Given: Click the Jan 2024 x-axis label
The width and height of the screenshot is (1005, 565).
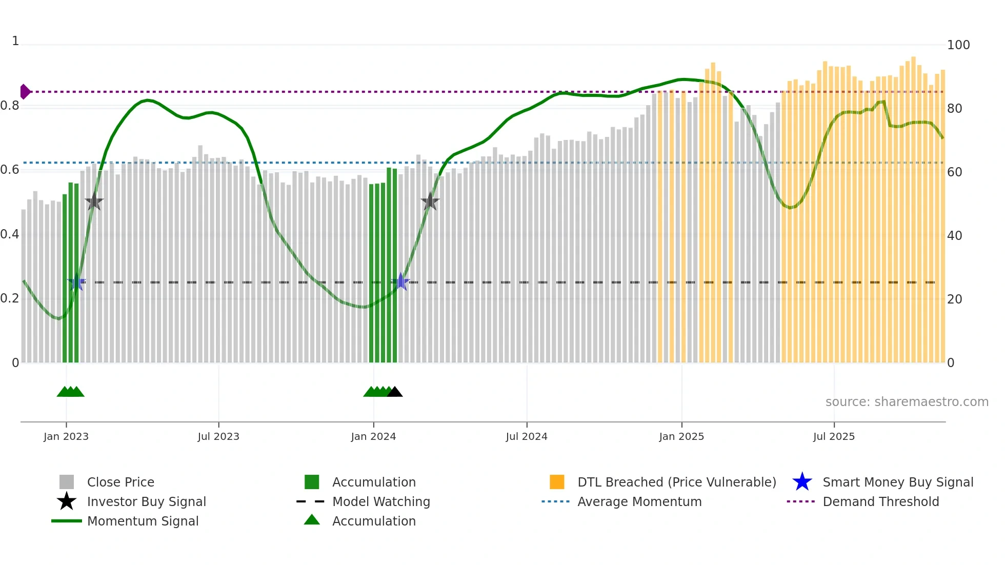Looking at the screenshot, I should point(373,436).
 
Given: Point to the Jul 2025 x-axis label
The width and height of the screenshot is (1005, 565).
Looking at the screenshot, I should point(834,436).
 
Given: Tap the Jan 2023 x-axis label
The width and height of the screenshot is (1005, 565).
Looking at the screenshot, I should point(66,436).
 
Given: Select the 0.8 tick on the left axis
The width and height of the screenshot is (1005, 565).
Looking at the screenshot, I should point(10,106).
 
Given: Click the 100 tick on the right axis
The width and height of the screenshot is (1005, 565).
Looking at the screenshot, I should point(958,45).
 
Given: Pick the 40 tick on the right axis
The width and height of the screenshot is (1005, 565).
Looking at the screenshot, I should point(954,236).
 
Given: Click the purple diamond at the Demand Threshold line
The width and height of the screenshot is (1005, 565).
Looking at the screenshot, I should point(25,92).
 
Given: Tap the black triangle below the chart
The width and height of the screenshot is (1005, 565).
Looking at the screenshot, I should point(394,392).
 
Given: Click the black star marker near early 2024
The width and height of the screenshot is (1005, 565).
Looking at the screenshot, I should point(430,201).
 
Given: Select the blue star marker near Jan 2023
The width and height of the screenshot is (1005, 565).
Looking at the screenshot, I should point(76,282).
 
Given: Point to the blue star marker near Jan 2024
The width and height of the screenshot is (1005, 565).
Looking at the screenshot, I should point(400,282).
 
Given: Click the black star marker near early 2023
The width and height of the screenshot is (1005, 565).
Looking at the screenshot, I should point(94,201).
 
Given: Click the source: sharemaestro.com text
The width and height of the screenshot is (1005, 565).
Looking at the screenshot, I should point(907,402).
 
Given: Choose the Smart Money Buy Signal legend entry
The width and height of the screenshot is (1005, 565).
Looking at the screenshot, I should point(897,482).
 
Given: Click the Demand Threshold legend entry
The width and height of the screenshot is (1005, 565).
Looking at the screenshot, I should point(880,501).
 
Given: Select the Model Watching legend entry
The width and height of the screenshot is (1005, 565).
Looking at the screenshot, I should point(380,501).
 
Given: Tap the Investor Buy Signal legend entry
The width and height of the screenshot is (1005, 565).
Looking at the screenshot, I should point(146,501).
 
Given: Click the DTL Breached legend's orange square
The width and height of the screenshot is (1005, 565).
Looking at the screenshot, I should point(557,482).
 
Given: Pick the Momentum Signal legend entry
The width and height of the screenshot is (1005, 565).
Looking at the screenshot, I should point(143,521).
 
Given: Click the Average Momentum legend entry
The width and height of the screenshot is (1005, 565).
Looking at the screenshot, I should point(639,501).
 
